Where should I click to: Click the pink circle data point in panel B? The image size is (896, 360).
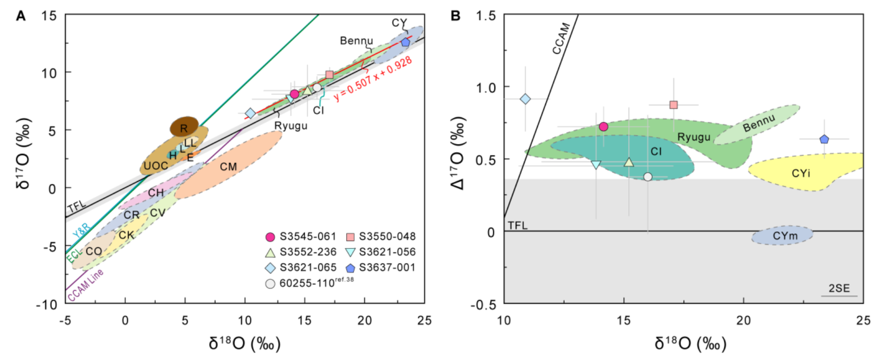click(x=603, y=127)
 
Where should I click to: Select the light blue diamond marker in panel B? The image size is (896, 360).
click(x=525, y=99)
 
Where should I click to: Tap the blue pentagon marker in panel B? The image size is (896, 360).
click(x=824, y=139)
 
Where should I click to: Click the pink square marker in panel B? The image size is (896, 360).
click(x=673, y=105)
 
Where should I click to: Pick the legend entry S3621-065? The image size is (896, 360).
click(x=308, y=267)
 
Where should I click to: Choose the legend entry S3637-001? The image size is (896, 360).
click(x=387, y=267)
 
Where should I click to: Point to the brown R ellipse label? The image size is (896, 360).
click(x=183, y=129)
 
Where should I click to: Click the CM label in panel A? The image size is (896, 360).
click(x=228, y=167)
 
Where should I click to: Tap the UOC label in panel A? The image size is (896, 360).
click(x=156, y=166)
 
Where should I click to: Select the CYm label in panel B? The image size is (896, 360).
click(x=784, y=236)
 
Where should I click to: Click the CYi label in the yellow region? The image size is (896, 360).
click(x=800, y=173)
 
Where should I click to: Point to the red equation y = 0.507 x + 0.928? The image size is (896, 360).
click(x=373, y=79)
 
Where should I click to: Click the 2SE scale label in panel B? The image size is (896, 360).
click(x=839, y=288)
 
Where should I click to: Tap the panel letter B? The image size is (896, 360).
click(x=456, y=16)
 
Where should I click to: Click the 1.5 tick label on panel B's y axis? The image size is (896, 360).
click(x=486, y=16)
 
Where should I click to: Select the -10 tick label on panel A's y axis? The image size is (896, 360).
click(x=47, y=305)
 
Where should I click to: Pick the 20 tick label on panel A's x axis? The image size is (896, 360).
click(x=364, y=321)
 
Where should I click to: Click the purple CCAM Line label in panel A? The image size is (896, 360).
click(x=85, y=286)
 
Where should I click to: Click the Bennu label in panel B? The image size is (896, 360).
click(x=759, y=123)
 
